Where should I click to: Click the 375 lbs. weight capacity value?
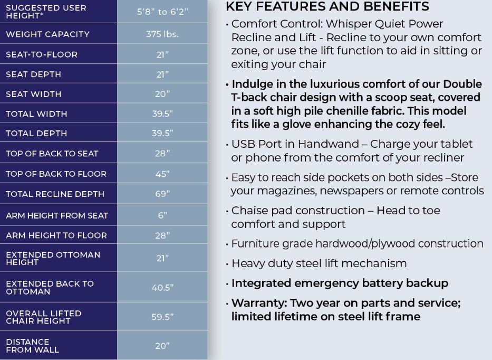(x=162, y=34)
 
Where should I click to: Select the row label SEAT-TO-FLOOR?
(x=42, y=54)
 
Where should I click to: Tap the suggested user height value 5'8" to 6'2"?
(x=162, y=12)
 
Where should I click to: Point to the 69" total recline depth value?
(x=162, y=194)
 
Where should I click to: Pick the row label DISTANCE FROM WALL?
(x=32, y=346)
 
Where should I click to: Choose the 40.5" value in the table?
(x=162, y=288)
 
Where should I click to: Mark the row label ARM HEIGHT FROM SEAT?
(x=57, y=215)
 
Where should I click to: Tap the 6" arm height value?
(x=162, y=215)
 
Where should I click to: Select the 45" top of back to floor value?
(x=162, y=174)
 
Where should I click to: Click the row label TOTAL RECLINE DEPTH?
(x=55, y=194)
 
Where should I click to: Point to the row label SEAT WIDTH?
(x=33, y=94)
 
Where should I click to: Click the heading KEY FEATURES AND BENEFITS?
(x=327, y=7)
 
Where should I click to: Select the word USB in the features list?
(x=243, y=144)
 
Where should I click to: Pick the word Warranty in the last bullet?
(x=256, y=304)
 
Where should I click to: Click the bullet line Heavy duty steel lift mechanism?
(x=319, y=263)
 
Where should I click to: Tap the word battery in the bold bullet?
(x=383, y=283)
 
